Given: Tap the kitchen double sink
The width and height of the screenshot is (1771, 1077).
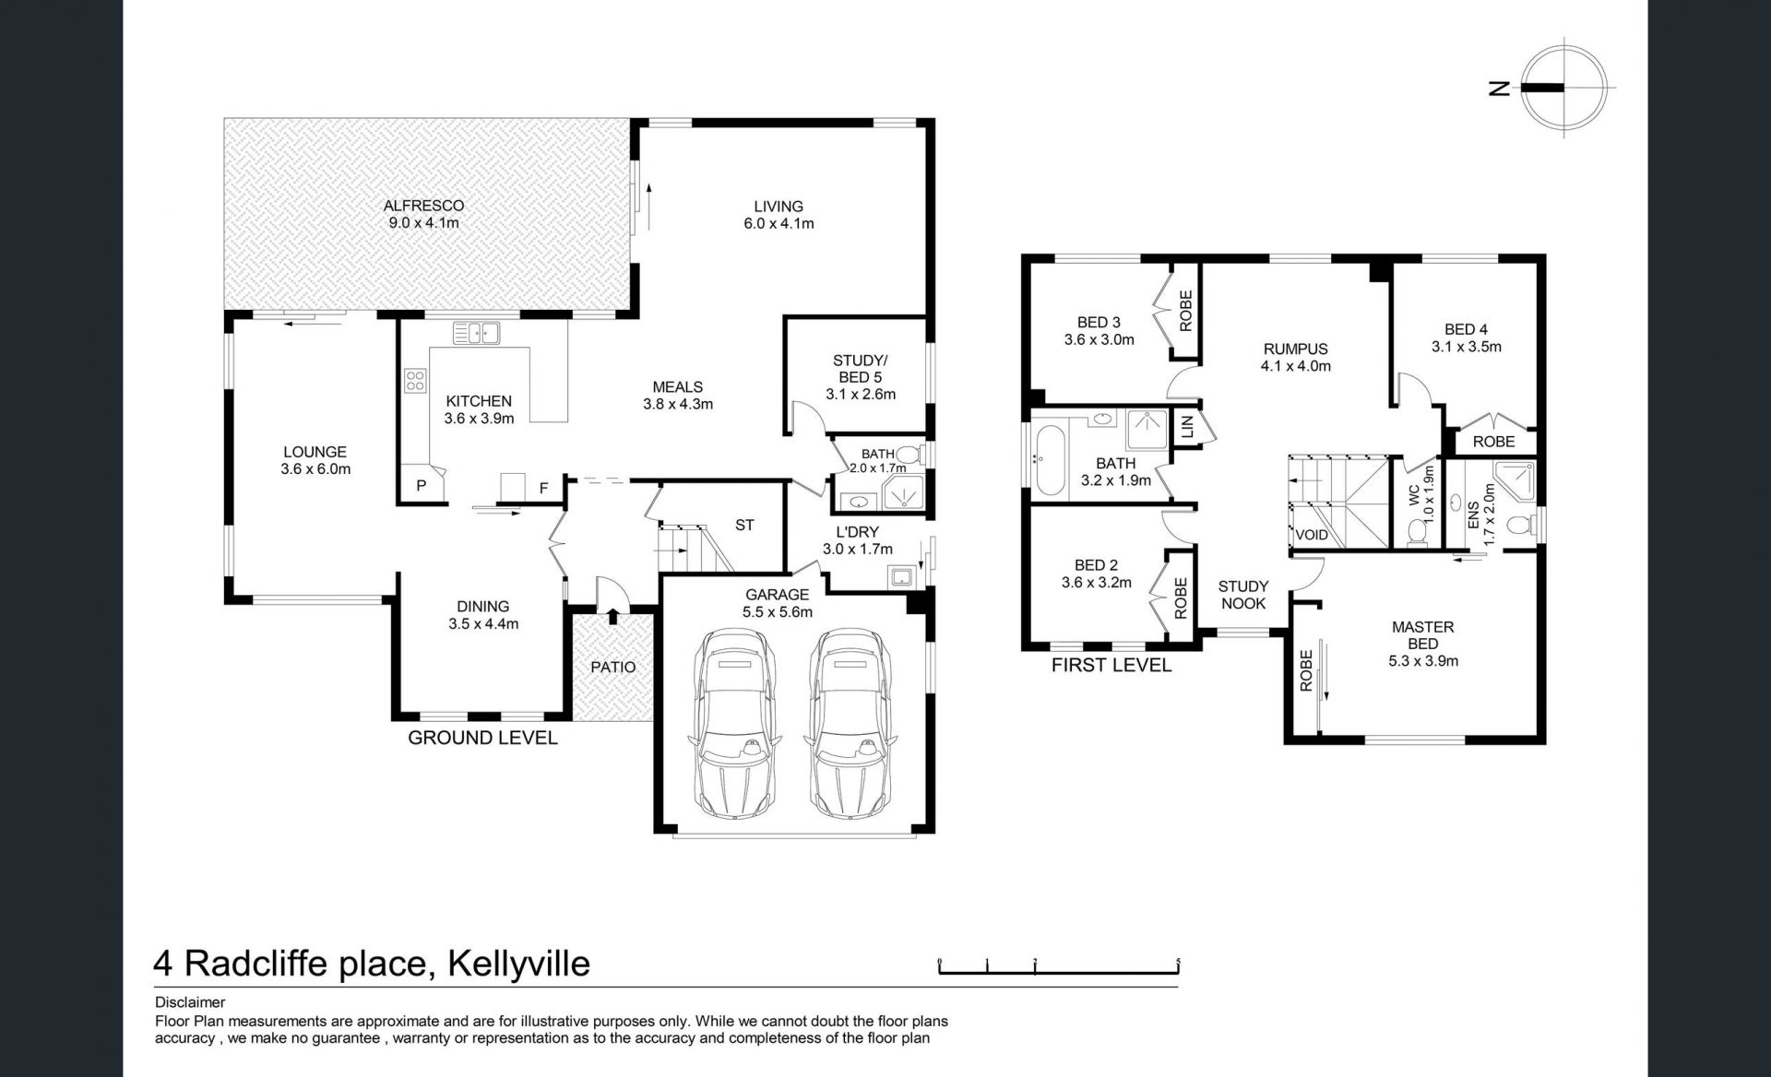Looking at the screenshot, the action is [476, 332].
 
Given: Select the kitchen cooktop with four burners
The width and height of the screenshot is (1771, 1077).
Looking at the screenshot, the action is [415, 381].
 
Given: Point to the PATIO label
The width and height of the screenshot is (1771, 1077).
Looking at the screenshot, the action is [613, 667].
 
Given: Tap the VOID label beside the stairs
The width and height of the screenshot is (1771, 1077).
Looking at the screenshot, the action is [1312, 535].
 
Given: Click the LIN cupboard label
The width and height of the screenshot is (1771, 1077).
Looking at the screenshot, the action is [1187, 426].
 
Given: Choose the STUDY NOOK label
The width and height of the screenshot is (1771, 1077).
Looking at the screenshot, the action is [1243, 595].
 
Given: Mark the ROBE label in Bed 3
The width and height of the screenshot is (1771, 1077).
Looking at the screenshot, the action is [1186, 311].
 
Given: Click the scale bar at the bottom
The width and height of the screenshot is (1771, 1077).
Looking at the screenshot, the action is [1060, 967].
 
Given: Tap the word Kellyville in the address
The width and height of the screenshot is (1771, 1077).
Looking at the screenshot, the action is [518, 964].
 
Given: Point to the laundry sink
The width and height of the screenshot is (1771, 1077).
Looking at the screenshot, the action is [900, 578].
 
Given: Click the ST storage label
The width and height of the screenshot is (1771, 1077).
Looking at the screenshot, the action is [744, 525].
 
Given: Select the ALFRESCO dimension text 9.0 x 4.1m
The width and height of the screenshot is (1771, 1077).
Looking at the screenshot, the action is [423, 223].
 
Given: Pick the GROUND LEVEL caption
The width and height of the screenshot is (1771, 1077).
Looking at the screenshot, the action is [482, 738].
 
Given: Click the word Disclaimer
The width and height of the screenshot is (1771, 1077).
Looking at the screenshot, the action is [190, 1002].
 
